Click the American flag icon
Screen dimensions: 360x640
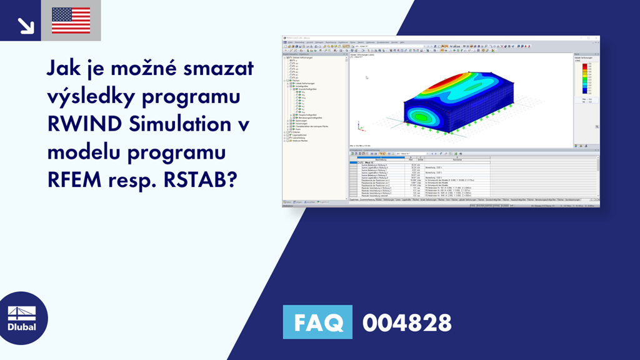(71, 21)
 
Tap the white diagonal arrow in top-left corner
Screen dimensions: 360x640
(26, 24)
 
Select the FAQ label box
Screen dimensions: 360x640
(317, 322)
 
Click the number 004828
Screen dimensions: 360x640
(407, 322)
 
